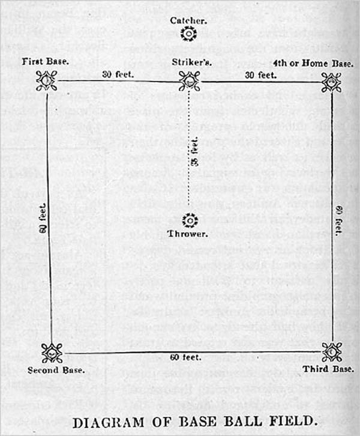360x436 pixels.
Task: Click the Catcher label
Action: pyautogui.click(x=189, y=20)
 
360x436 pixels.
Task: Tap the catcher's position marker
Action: pyautogui.click(x=189, y=34)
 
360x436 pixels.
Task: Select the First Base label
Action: pyautogui.click(x=46, y=61)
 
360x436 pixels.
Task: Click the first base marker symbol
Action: pyautogui.click(x=46, y=81)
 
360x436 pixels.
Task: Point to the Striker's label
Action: pyautogui.click(x=189, y=61)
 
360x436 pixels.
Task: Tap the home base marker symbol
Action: pyautogui.click(x=331, y=82)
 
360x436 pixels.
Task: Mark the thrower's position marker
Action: pyautogui.click(x=189, y=220)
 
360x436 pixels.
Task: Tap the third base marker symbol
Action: pyautogui.click(x=331, y=351)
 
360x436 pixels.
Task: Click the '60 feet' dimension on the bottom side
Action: pyautogui.click(x=186, y=358)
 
